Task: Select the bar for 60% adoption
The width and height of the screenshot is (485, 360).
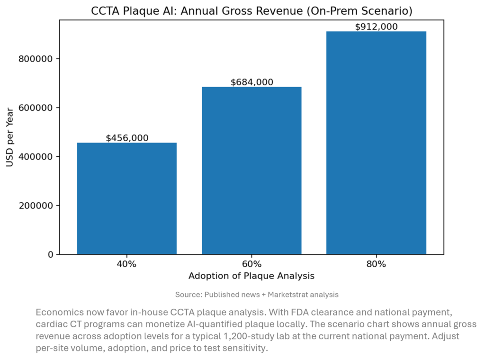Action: point(251,171)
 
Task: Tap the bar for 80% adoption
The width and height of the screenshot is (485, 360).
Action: point(376,143)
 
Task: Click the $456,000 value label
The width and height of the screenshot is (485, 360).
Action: point(127,138)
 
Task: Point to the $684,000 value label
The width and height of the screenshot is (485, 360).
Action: point(251,82)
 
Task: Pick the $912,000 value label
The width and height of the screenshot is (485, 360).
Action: point(376,27)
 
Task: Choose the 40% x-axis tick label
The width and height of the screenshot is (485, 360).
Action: point(126,264)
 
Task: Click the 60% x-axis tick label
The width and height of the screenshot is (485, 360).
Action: point(251,264)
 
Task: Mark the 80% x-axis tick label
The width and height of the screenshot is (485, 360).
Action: point(376,264)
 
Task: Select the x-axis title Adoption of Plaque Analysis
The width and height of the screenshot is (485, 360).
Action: point(251,276)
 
